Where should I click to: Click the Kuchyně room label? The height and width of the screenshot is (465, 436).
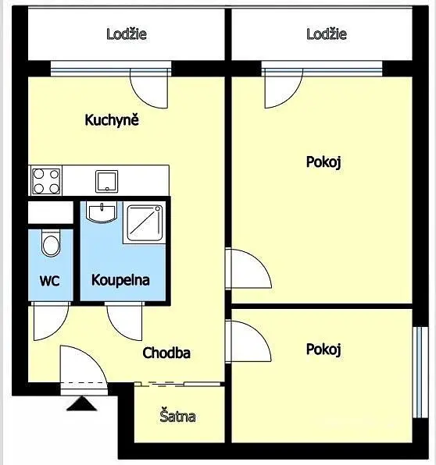tap(112, 120)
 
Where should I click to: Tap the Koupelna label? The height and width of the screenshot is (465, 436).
tap(120, 280)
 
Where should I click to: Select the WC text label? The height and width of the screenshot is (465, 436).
tap(49, 281)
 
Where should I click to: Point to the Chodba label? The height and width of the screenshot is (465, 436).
tap(166, 353)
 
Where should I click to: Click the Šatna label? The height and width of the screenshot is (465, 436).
tap(177, 416)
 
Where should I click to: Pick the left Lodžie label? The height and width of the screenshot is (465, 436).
tap(127, 34)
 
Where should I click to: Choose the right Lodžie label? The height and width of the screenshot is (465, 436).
tap(327, 34)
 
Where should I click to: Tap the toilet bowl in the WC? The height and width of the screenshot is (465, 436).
tap(51, 243)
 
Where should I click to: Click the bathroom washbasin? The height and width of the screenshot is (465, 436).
tap(102, 211)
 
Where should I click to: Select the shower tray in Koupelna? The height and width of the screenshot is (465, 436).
tap(145, 222)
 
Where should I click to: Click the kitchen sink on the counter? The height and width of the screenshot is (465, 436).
tap(106, 181)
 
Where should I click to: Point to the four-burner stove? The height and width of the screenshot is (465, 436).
tap(46, 181)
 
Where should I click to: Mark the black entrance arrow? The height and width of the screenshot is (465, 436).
tap(82, 404)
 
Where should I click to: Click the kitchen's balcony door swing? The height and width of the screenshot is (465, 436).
tap(149, 88)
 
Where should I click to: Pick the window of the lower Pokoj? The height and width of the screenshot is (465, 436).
tap(420, 372)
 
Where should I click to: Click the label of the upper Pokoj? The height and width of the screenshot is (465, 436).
tap(323, 162)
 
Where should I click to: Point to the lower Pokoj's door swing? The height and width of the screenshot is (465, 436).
tap(248, 342)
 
